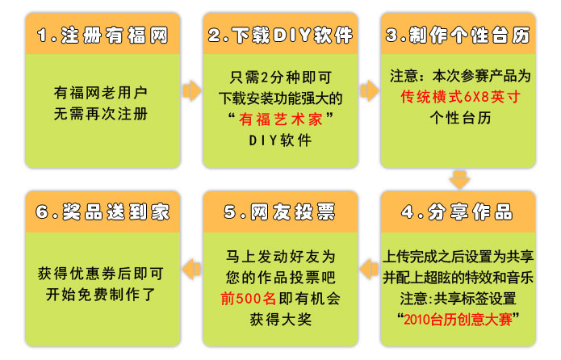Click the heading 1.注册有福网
[x=103, y=36]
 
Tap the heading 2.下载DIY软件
[x=280, y=36]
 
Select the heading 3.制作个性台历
[x=458, y=36]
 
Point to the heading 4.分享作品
[x=457, y=211]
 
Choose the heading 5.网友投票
[x=279, y=211]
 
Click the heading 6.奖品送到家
[x=103, y=211]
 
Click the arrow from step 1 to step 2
[x=192, y=91]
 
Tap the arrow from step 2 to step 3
[x=370, y=91]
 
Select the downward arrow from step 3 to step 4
[x=459, y=180]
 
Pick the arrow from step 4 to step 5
[x=369, y=269]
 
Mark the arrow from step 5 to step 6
[x=191, y=269]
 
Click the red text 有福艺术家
[x=281, y=119]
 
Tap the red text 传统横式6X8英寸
[x=460, y=97]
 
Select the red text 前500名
[x=248, y=299]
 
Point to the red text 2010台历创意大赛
[x=458, y=319]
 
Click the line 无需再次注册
[x=101, y=114]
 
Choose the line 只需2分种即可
[x=281, y=77]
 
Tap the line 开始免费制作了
[x=101, y=295]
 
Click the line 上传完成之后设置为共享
[x=458, y=257]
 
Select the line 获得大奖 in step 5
[x=281, y=319]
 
